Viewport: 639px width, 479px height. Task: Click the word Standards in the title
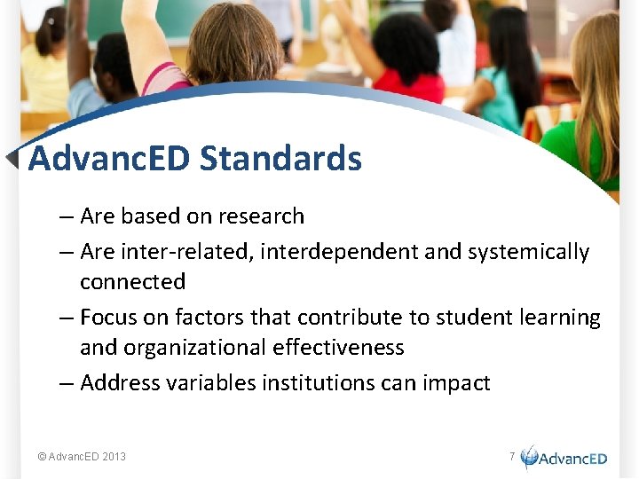pos(280,159)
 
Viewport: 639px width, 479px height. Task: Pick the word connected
pos(132,282)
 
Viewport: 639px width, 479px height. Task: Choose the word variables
pos(217,383)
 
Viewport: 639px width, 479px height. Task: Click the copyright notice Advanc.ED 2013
pos(82,457)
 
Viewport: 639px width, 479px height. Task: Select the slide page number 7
pos(511,456)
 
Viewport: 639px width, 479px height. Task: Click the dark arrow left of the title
pos(12,159)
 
